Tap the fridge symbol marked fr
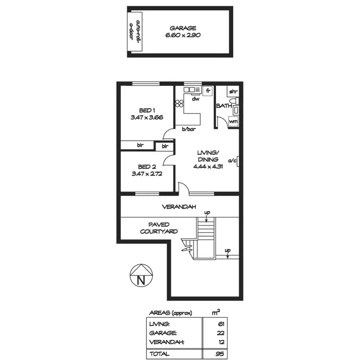click(208, 91)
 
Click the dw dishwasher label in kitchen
click(195, 99)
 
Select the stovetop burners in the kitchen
click(180, 104)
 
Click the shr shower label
click(233, 92)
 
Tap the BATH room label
click(224, 106)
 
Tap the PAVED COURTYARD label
click(158, 228)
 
